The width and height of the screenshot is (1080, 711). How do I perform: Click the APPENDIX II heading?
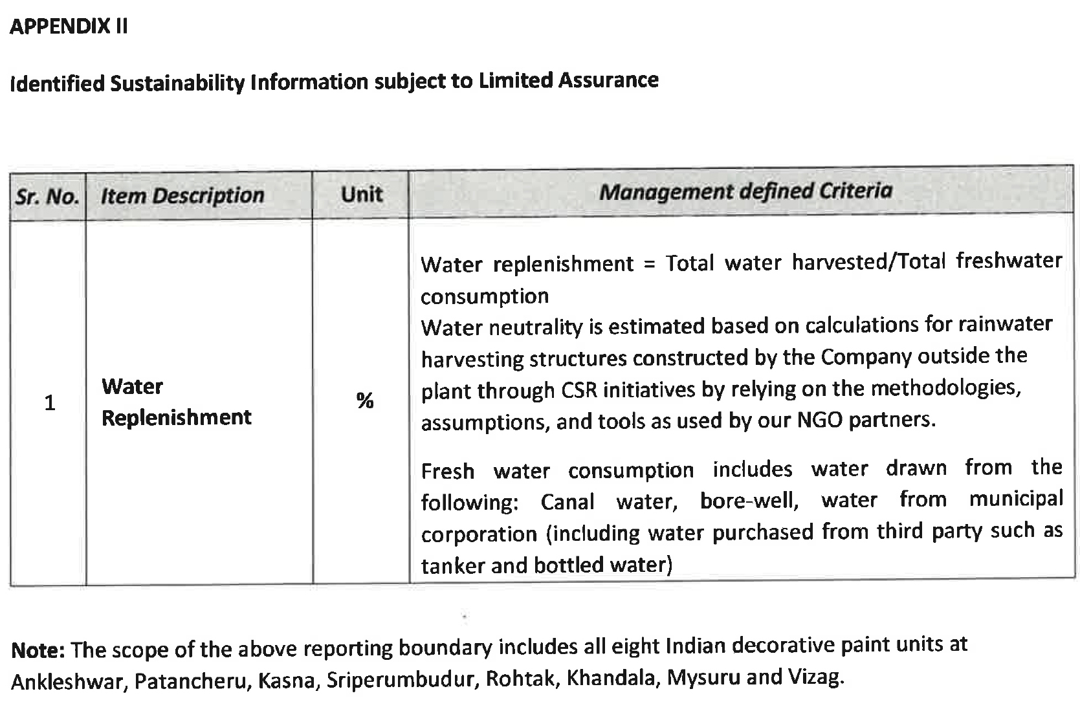click(69, 27)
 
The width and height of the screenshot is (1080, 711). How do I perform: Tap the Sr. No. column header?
click(47, 196)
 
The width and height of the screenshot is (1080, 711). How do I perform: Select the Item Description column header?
click(182, 195)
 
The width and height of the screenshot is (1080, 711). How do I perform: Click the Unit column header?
click(361, 194)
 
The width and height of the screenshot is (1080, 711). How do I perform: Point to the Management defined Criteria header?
click(745, 191)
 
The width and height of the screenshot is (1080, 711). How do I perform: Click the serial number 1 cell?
click(49, 403)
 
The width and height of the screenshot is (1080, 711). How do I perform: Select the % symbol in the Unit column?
click(365, 401)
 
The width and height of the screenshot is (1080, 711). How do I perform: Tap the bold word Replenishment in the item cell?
click(176, 418)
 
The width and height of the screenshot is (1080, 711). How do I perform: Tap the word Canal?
click(568, 502)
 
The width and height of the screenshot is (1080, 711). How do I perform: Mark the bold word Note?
click(38, 650)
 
